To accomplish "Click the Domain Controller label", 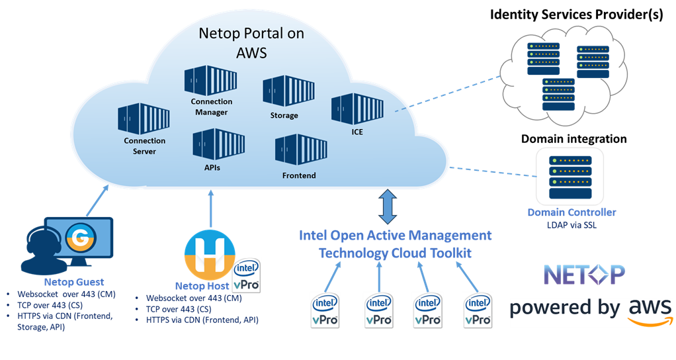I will [x=571, y=212].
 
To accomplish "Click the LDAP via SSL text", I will [x=571, y=224].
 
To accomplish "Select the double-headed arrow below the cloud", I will [x=388, y=206].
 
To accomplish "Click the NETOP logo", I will [x=583, y=274].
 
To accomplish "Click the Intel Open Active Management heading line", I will [x=395, y=236].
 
